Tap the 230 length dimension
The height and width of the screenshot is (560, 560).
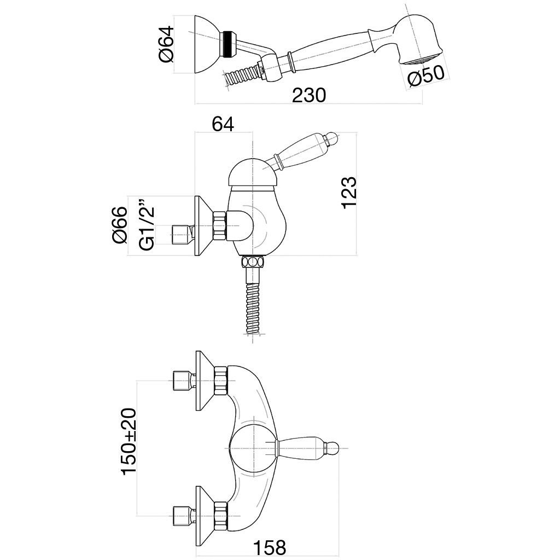pos(308,95)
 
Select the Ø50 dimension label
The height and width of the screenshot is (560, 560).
pos(425,77)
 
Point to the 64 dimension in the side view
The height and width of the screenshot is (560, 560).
pos(223,124)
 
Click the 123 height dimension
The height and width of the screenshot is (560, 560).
pos(348,191)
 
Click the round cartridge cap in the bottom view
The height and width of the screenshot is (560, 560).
pos(252,448)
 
